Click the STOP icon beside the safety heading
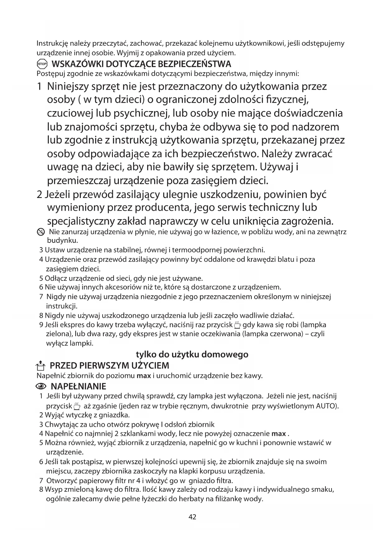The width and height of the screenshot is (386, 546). (x=42, y=64)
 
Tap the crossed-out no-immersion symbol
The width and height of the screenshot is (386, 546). (x=40, y=232)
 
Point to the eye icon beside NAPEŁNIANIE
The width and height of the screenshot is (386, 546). (x=41, y=387)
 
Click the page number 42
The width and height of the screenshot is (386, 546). (x=193, y=517)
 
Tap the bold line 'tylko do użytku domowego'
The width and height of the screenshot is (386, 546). (x=192, y=354)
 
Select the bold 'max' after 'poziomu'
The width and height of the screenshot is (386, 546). (x=144, y=376)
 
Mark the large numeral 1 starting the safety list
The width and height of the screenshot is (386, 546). (x=40, y=87)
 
